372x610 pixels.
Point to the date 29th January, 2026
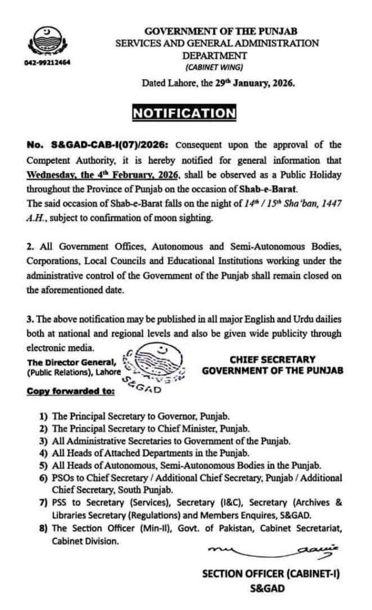pyautogui.click(x=256, y=84)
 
